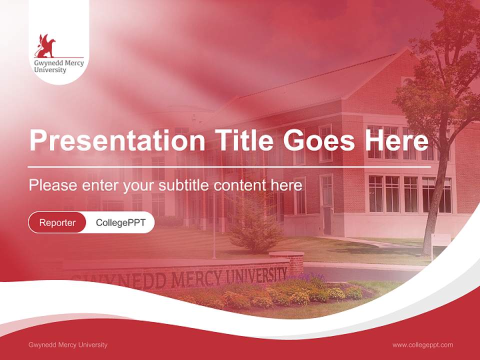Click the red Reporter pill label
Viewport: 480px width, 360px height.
(57, 222)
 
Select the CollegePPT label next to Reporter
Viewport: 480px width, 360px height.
(120, 222)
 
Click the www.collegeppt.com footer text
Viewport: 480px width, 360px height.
(422, 344)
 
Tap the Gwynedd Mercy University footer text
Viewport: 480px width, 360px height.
(68, 344)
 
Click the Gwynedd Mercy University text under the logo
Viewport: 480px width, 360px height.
(58, 66)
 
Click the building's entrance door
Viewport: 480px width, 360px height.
(326, 220)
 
